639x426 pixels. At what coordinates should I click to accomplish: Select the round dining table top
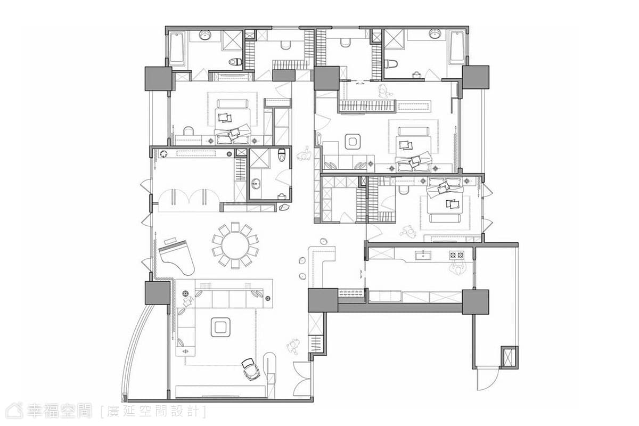(235, 246)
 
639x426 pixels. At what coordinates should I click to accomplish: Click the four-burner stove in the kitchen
(457, 255)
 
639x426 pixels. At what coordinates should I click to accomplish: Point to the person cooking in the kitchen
(458, 268)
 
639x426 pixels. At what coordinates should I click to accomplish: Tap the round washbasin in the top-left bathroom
(204, 35)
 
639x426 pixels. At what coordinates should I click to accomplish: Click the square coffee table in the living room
(220, 327)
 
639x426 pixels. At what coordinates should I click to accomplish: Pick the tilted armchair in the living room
(250, 369)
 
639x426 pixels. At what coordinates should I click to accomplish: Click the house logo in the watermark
(14, 411)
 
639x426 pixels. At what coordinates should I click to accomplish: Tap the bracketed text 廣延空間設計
(153, 412)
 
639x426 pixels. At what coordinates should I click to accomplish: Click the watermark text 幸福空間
(59, 411)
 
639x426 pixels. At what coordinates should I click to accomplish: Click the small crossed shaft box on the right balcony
(509, 357)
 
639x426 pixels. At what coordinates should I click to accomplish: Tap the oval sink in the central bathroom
(256, 184)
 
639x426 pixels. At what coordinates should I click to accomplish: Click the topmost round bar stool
(324, 241)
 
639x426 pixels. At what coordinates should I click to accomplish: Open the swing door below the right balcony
(488, 380)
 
